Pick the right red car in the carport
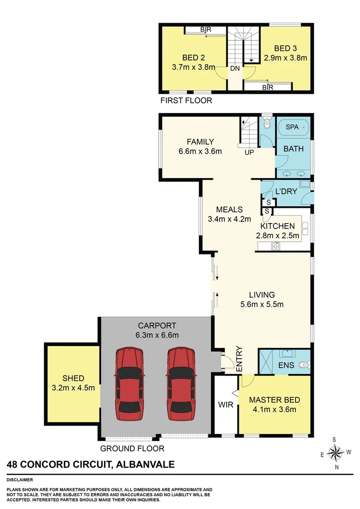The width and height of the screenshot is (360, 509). tap(180, 384)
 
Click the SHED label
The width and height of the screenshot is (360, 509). tap(73, 378)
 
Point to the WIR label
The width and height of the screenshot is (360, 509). tap(226, 405)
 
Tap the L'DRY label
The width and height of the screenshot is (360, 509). tap(285, 192)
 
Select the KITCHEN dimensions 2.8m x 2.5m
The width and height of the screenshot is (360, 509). tap(278, 236)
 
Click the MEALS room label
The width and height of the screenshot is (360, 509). tap(229, 210)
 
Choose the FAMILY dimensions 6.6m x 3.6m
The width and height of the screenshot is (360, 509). tap(200, 151)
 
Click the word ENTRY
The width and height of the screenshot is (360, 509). tap(239, 360)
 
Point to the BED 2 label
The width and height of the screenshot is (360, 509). tap(193, 58)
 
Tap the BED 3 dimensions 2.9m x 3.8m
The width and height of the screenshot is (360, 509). tap(286, 58)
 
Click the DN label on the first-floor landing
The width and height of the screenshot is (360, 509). tap(235, 68)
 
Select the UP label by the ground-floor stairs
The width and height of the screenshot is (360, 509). tap(248, 153)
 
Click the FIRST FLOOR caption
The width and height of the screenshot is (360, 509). tap(186, 100)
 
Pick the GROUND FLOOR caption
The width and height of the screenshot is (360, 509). tap(132, 449)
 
